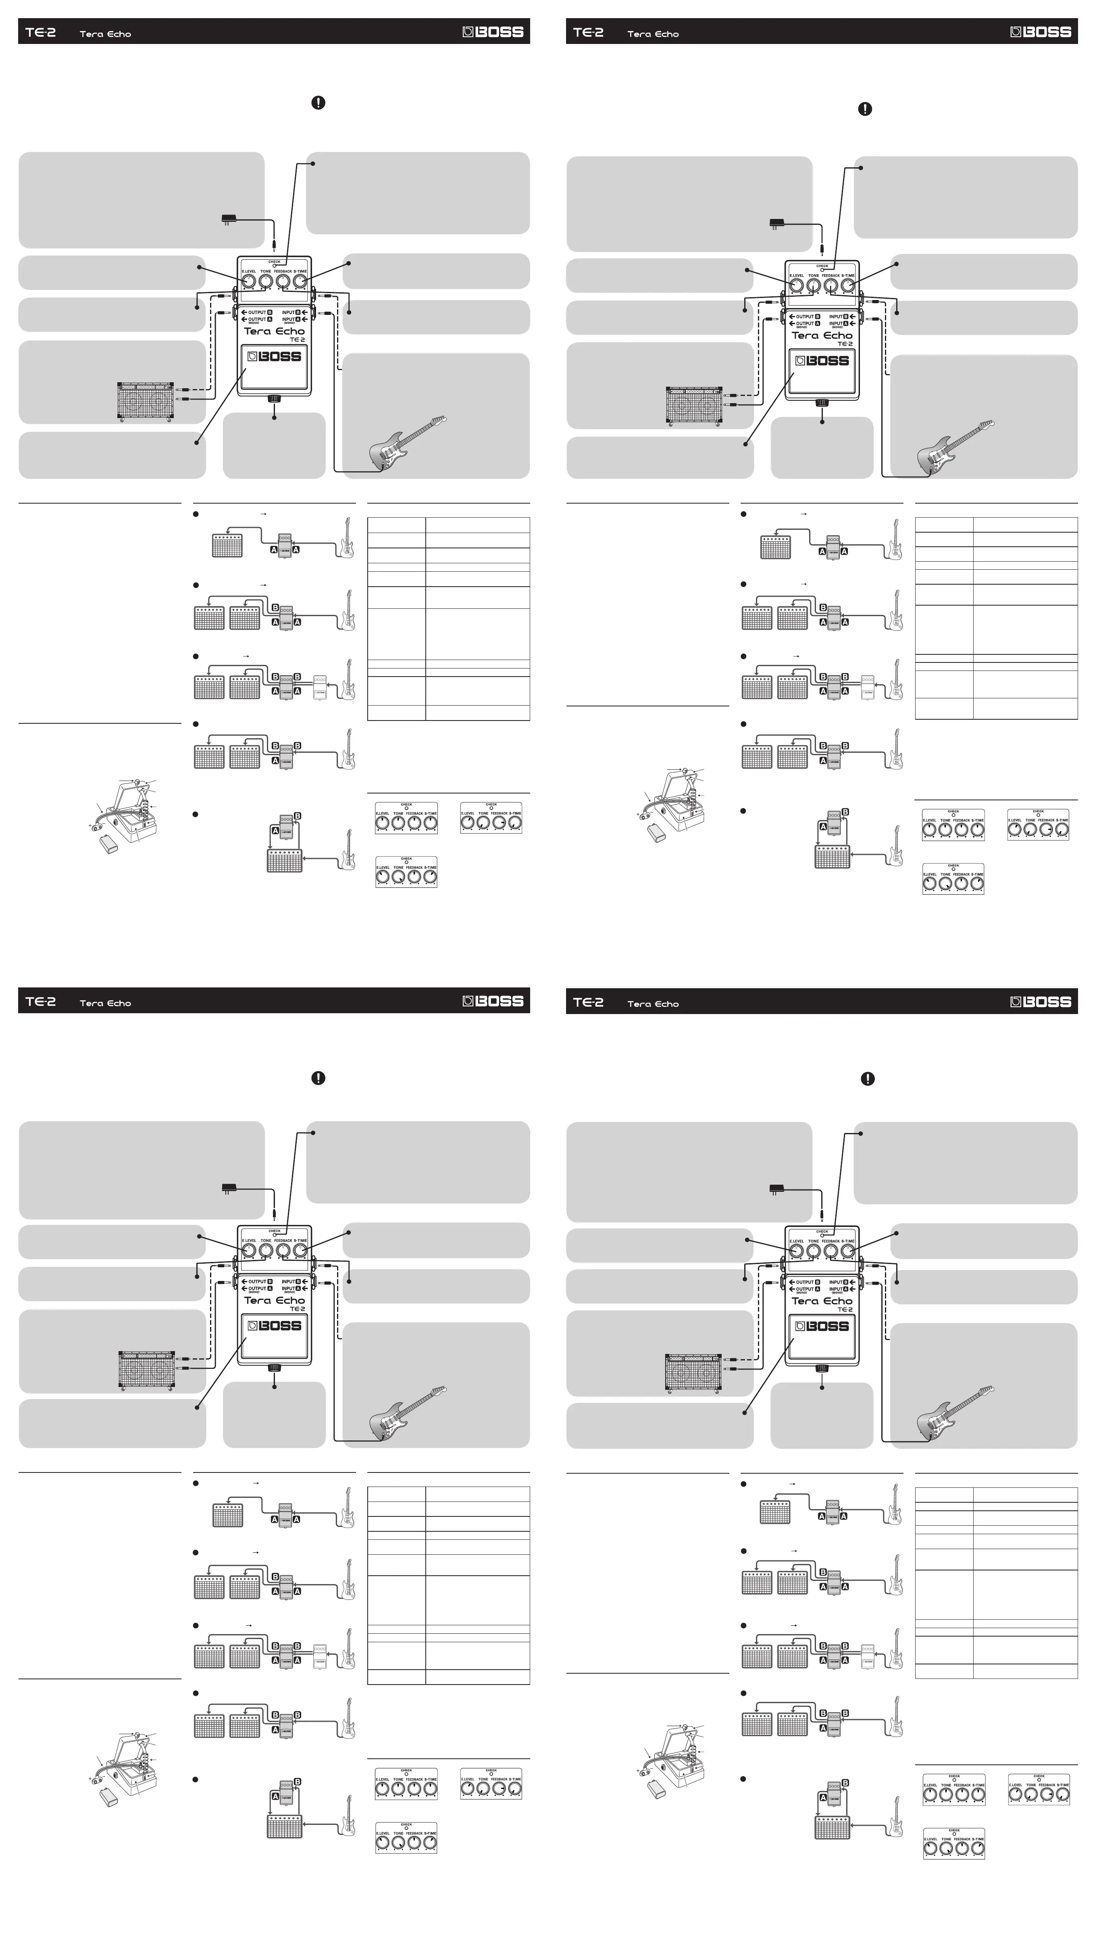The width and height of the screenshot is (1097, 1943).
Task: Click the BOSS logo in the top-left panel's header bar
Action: point(493,32)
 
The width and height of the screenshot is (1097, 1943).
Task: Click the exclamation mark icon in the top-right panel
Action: point(865,108)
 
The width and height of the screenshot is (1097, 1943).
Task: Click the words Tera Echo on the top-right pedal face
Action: point(822,335)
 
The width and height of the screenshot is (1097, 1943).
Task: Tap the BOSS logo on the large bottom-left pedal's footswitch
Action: point(275,1325)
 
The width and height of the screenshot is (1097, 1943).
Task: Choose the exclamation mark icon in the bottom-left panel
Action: point(318,1078)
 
